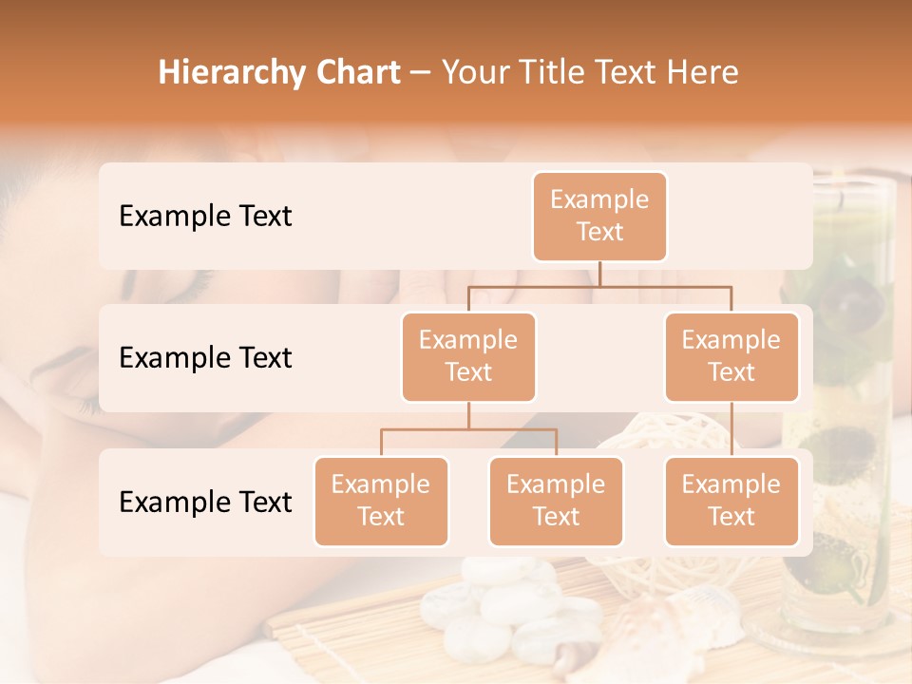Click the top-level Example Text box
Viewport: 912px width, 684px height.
tap(599, 217)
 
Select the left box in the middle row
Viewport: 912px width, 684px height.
tap(468, 357)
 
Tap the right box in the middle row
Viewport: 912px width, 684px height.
tap(731, 357)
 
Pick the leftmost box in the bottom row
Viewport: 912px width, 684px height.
tap(381, 502)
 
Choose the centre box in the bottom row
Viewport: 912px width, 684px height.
tap(556, 502)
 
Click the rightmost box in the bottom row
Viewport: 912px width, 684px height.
tap(731, 502)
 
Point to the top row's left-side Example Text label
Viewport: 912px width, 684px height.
tap(205, 217)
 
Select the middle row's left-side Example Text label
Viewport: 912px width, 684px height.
tap(205, 358)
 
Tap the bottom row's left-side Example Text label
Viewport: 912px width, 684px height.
tap(205, 502)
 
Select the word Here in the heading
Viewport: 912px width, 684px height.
tap(702, 73)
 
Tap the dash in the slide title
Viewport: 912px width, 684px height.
tap(421, 73)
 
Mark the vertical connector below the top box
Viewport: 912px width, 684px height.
tap(599, 273)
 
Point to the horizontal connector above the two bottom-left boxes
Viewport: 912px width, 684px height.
tap(468, 429)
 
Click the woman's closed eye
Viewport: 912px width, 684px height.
tap(190, 284)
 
